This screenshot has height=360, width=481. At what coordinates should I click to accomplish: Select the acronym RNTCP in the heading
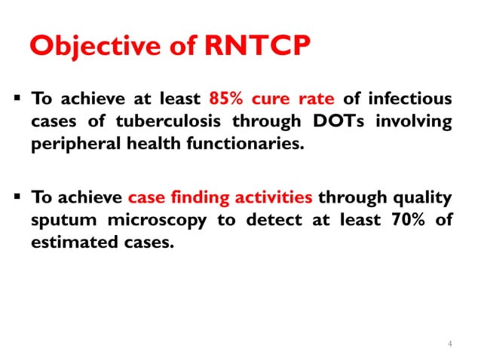256,46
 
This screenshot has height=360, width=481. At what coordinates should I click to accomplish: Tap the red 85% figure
225,99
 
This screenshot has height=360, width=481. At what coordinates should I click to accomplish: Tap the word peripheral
70,145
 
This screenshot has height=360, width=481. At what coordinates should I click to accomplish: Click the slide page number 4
449,344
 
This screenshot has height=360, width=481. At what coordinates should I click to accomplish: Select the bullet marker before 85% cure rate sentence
15,99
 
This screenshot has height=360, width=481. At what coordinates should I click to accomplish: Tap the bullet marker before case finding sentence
15,199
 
